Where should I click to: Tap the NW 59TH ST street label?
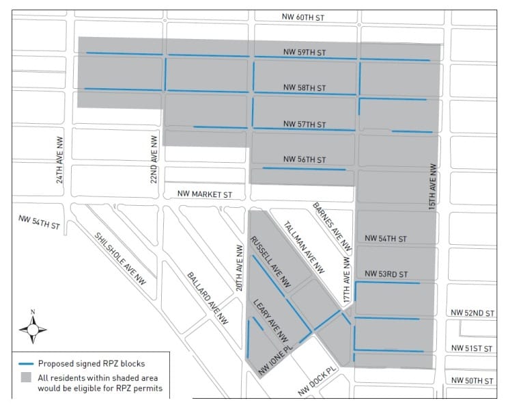click(x=305, y=52)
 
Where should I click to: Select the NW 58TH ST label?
click(x=305, y=88)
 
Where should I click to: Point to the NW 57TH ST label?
click(x=305, y=124)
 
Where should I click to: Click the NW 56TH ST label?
click(x=305, y=159)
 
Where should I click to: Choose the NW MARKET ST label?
click(x=205, y=194)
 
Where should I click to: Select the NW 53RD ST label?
click(x=386, y=274)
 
